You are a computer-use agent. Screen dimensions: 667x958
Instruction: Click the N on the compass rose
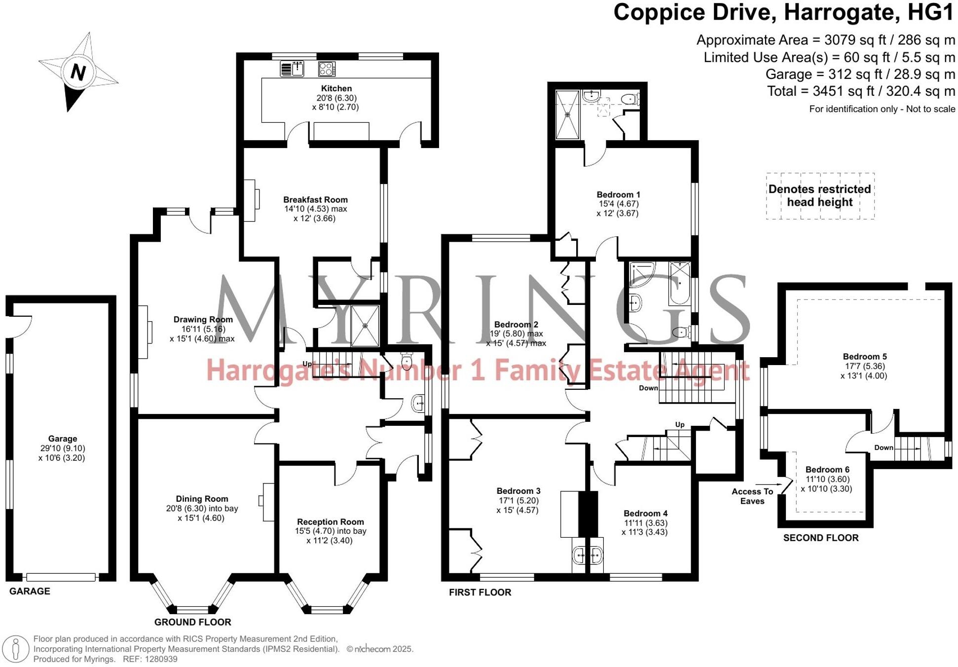(78, 72)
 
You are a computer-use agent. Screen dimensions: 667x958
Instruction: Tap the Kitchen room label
(336, 88)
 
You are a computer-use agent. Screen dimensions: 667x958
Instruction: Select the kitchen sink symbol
(293, 69)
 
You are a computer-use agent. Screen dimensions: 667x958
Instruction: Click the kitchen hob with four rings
(327, 69)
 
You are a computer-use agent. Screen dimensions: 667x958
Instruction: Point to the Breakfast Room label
(315, 200)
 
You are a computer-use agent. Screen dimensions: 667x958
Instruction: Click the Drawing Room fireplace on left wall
(143, 332)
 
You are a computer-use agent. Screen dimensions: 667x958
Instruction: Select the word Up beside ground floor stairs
(307, 364)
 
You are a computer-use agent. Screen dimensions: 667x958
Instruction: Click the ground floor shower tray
(365, 326)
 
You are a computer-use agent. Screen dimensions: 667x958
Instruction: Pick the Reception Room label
(330, 522)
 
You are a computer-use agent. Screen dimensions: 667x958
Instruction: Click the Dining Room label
(202, 499)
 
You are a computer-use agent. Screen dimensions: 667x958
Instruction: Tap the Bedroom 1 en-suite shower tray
(567, 114)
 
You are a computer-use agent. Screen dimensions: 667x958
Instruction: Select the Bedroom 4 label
(645, 514)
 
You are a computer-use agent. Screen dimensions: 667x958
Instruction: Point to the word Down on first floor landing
(648, 388)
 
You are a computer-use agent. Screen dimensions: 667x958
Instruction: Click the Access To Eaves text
(752, 496)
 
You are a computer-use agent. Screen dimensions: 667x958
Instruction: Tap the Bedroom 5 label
(864, 357)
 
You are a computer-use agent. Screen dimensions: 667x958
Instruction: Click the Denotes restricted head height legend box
(819, 195)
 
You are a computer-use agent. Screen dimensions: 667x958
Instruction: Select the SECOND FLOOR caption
(820, 538)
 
